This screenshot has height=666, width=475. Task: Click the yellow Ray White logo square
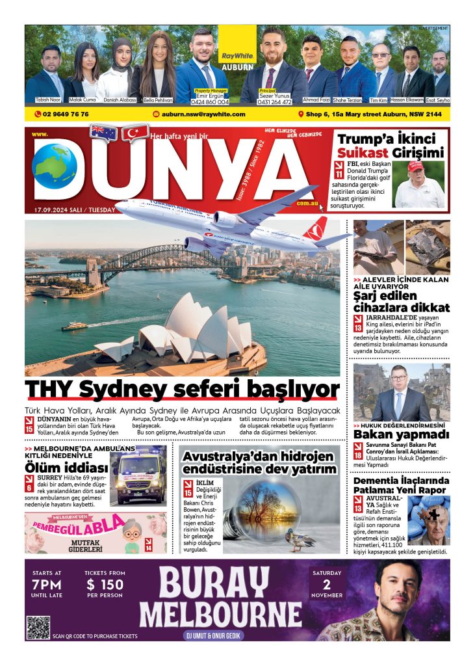237,45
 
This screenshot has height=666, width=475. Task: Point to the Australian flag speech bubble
103,133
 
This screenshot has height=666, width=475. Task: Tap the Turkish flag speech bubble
135,133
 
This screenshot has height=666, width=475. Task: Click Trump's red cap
415,166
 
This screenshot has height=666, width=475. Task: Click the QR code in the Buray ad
38,628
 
